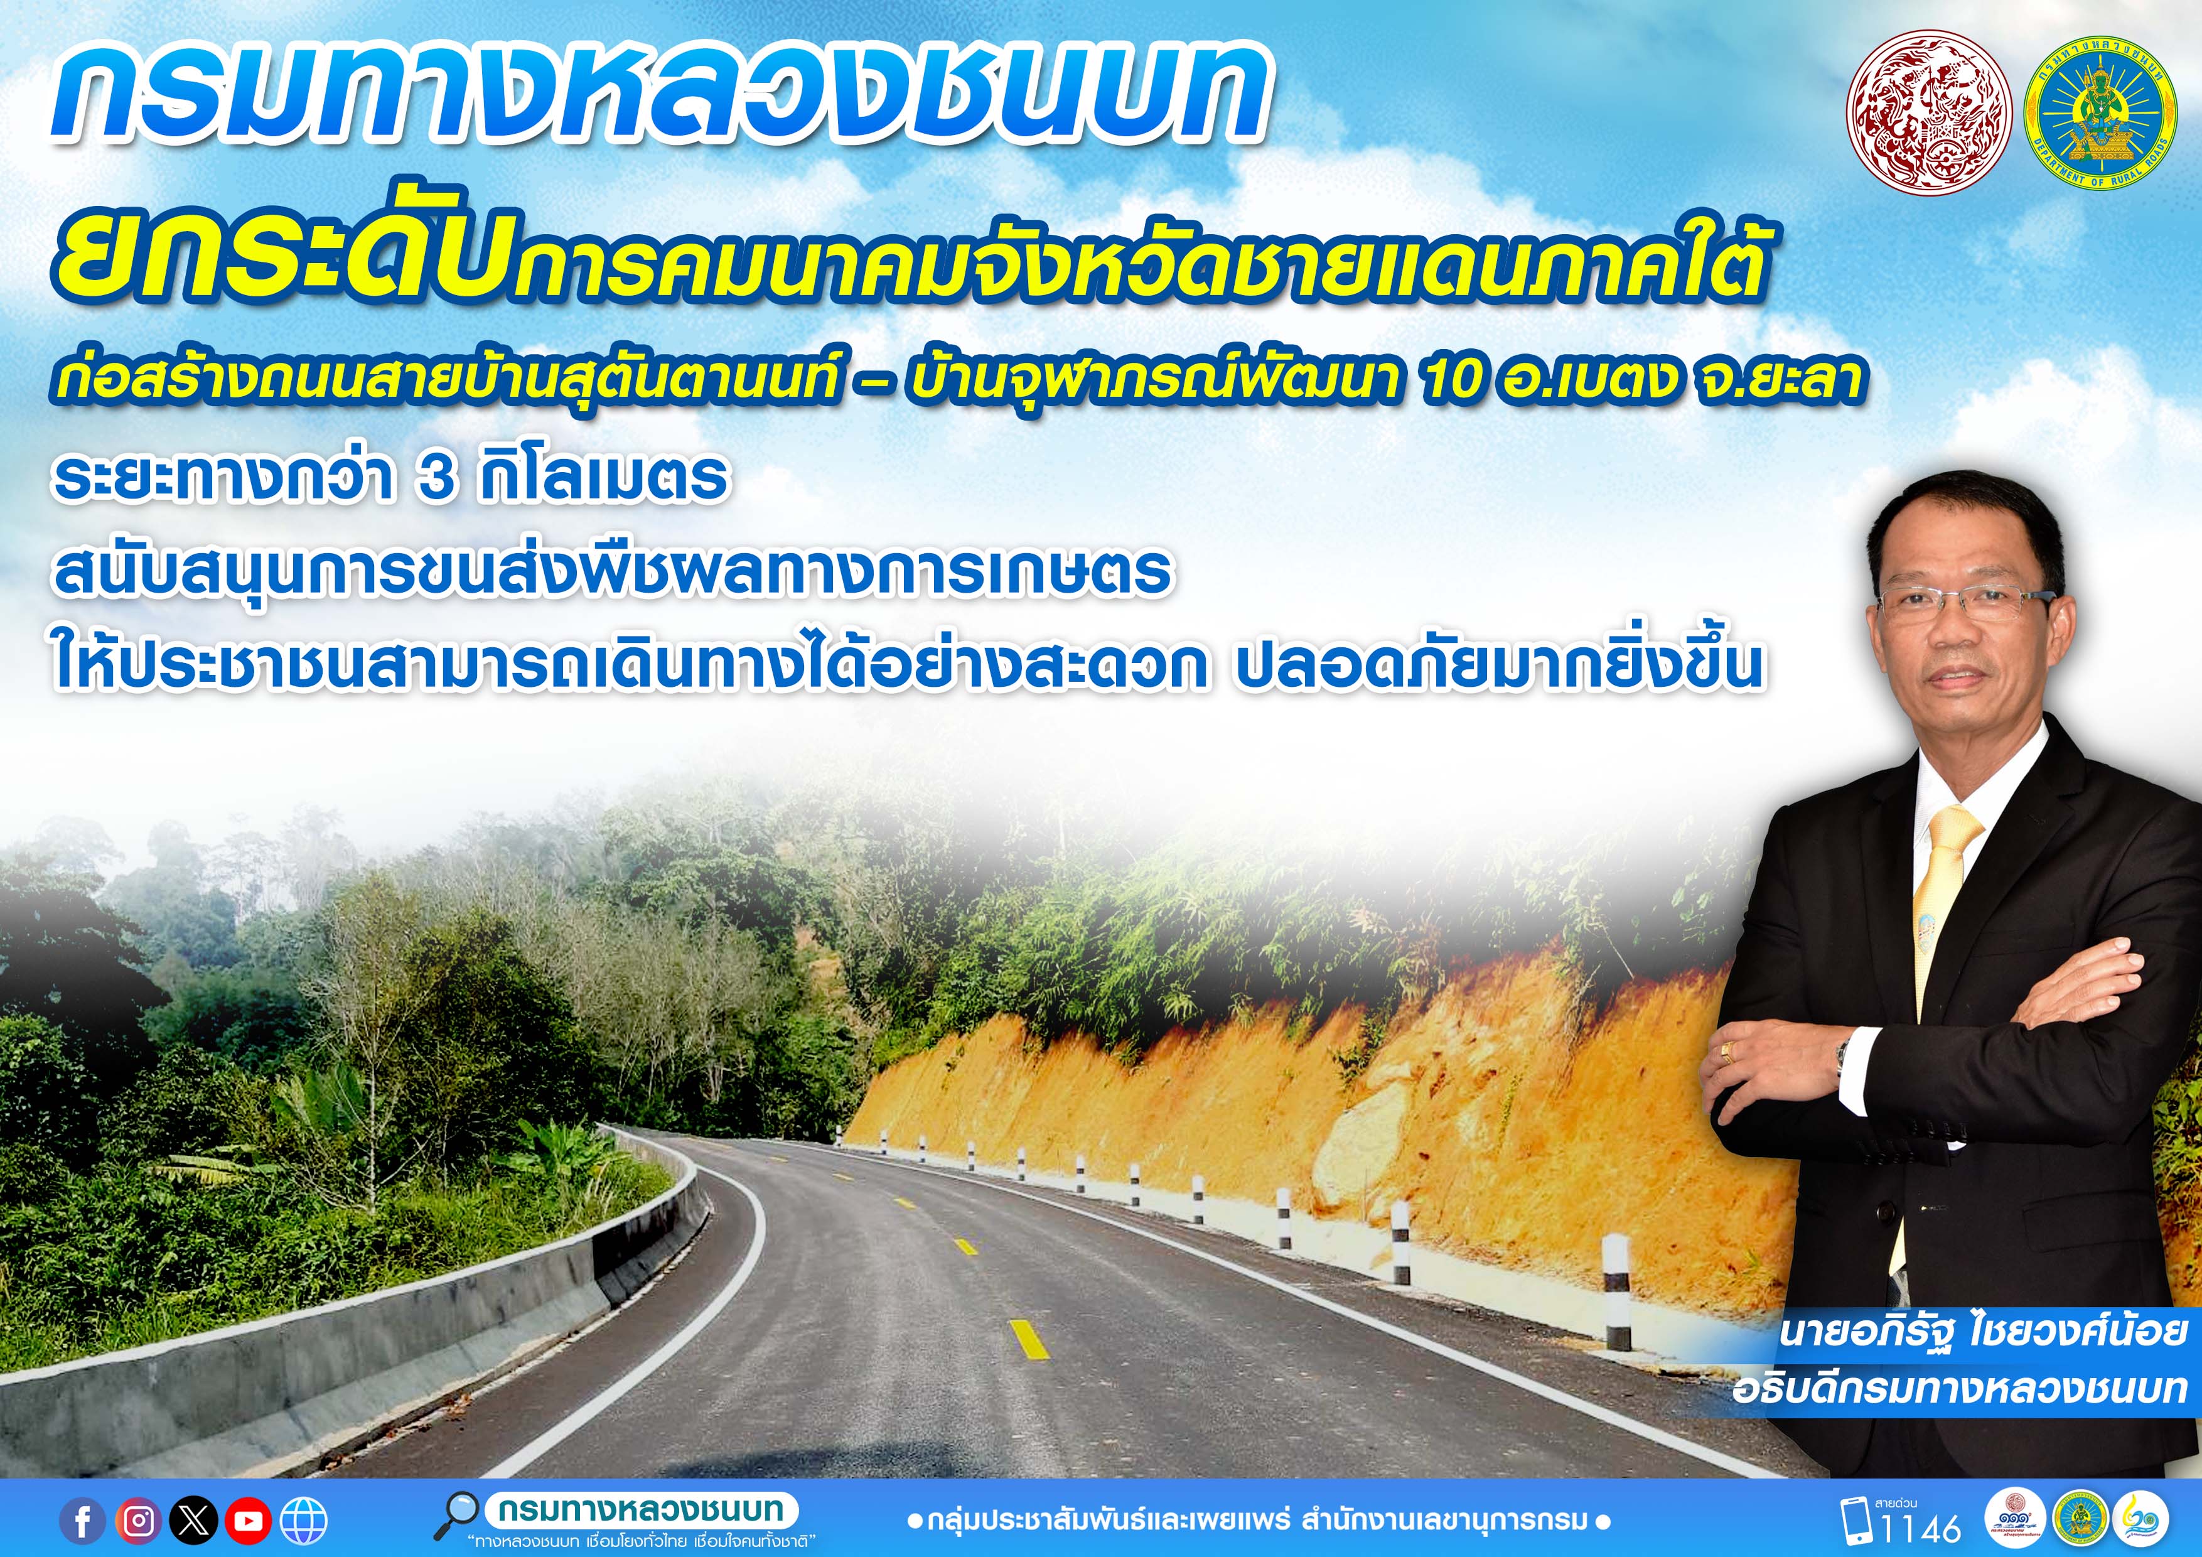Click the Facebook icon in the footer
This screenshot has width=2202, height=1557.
pyautogui.click(x=83, y=1521)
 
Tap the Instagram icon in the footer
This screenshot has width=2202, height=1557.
pyautogui.click(x=139, y=1521)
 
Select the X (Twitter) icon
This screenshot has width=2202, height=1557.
pyautogui.click(x=194, y=1521)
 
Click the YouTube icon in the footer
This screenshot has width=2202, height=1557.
pyautogui.click(x=249, y=1521)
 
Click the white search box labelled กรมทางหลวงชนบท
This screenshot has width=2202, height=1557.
pyautogui.click(x=642, y=1509)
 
